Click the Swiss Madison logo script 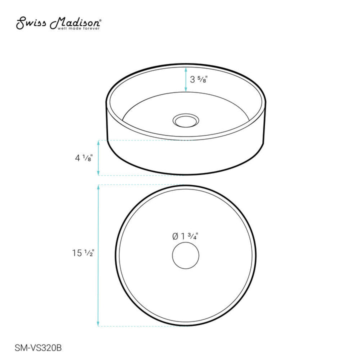coord(58,23)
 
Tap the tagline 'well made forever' coord(79,28)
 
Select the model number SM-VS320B coord(38,348)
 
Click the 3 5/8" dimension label coord(199,79)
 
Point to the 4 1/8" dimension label coord(84,158)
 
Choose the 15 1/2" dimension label coord(83,253)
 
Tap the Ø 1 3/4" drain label coord(185,236)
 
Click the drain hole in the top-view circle coord(185,255)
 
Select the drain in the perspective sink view coord(185,120)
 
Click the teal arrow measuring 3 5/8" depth coord(185,79)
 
